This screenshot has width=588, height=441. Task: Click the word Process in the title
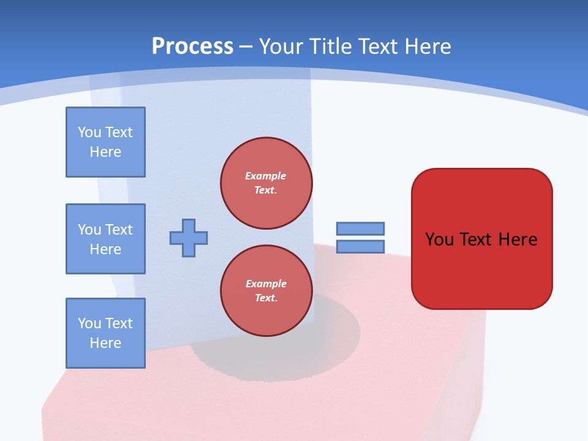pyautogui.click(x=192, y=47)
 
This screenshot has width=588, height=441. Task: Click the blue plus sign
pyautogui.click(x=189, y=238)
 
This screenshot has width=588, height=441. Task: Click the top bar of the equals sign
pyautogui.click(x=360, y=228)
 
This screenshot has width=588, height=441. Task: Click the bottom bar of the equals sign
pyautogui.click(x=360, y=246)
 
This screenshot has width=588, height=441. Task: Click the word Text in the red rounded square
pyautogui.click(x=477, y=239)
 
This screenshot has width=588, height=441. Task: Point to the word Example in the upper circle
pyautogui.click(x=266, y=176)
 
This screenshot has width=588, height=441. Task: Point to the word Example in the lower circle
pyautogui.click(x=266, y=284)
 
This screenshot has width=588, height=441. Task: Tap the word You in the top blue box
pyautogui.click(x=89, y=132)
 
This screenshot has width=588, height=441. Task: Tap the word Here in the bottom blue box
pyautogui.click(x=105, y=343)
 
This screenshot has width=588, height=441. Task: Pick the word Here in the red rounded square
pyautogui.click(x=518, y=239)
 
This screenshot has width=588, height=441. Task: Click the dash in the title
pyautogui.click(x=246, y=47)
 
